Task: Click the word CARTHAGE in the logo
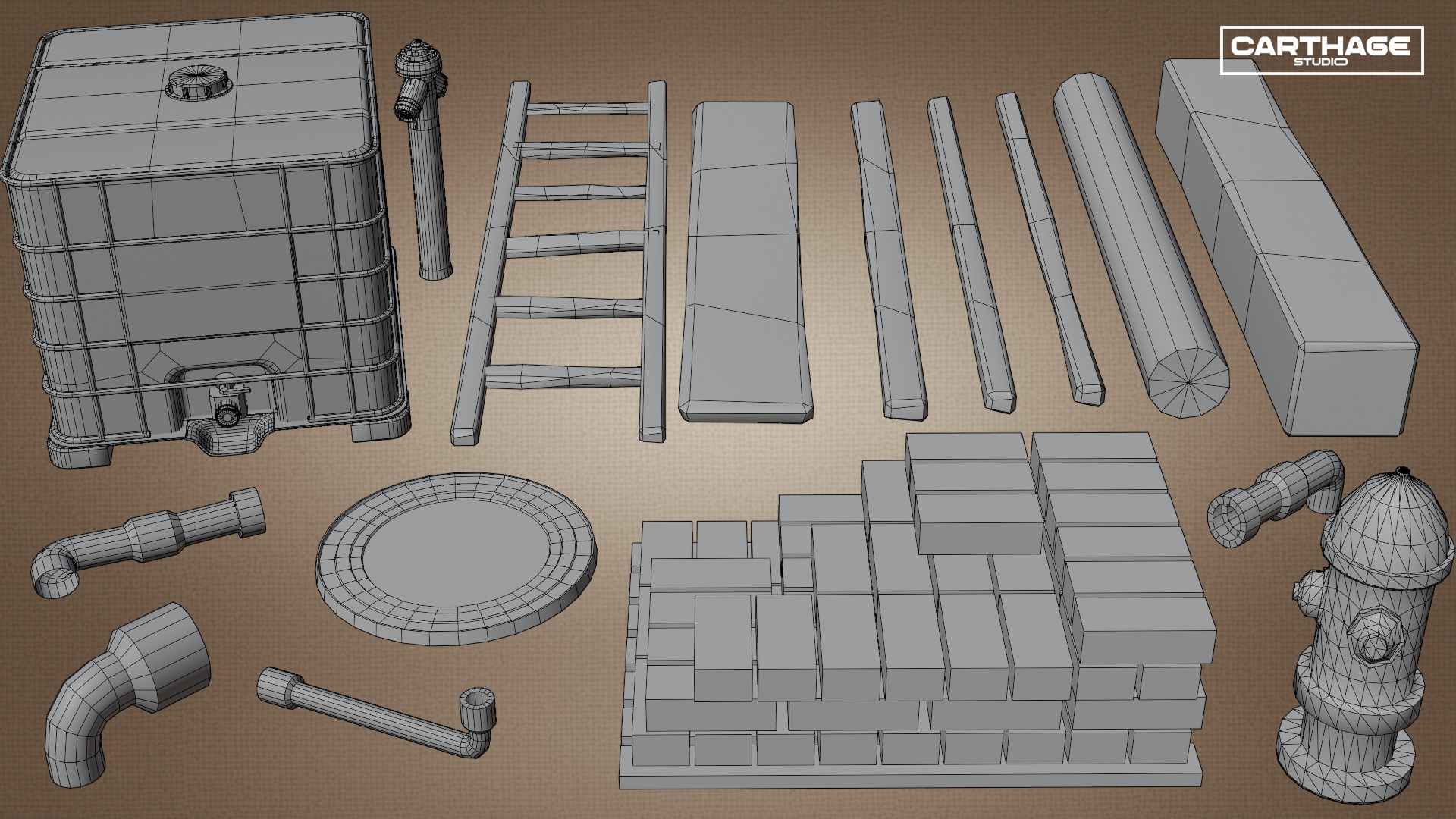click(1319, 46)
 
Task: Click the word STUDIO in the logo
click(1321, 62)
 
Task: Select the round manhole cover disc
click(456, 558)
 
